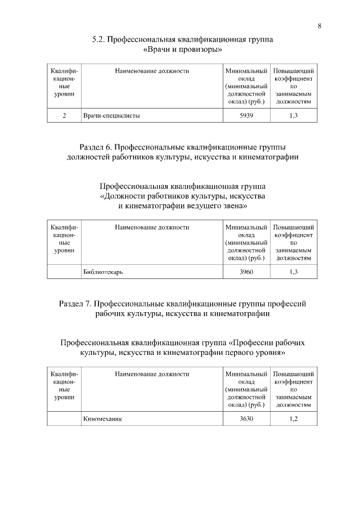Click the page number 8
319,26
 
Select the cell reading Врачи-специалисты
111,116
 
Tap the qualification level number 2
64,116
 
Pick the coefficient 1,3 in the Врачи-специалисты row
293,116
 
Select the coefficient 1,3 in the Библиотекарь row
293,272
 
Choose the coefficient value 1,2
293,419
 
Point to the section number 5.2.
98,40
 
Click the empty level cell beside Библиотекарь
64,272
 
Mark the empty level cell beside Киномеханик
64,419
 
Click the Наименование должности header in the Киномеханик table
152,373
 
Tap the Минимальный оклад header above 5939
246,87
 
